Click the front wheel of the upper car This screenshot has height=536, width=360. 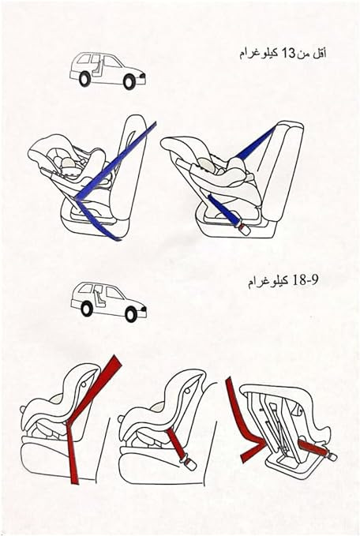click(129, 81)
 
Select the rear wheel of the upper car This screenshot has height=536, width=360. click(84, 79)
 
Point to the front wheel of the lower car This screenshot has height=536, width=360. click(131, 314)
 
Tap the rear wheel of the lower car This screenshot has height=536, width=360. click(87, 309)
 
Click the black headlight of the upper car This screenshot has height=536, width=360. click(143, 75)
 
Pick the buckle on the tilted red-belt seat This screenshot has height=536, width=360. click(331, 455)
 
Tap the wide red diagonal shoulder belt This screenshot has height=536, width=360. click(95, 389)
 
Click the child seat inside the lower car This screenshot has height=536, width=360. click(99, 298)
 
